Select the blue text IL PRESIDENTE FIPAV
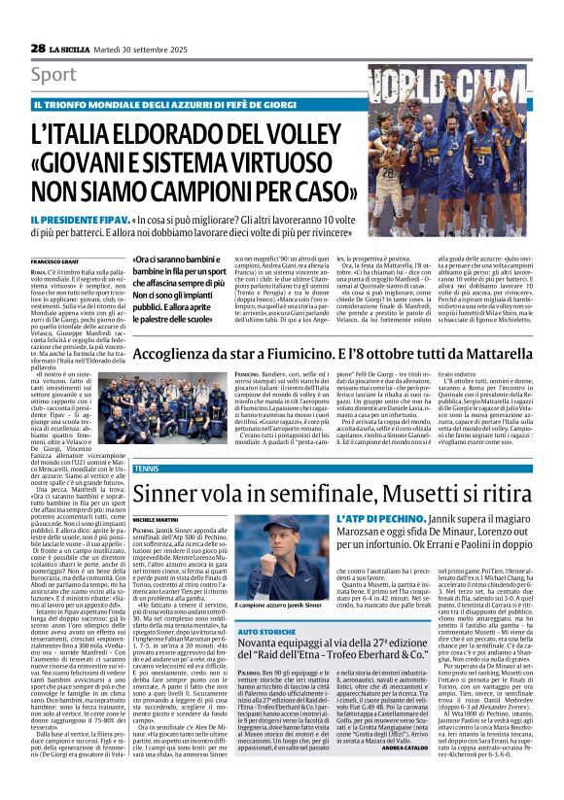pos(76,223)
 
